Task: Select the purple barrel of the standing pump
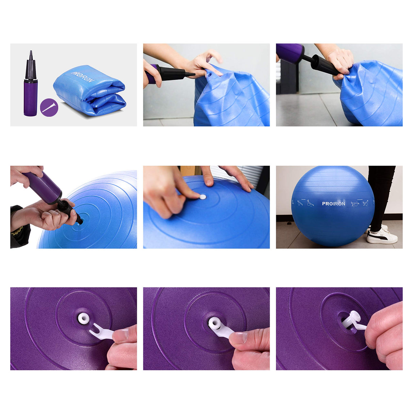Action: [x=30, y=99]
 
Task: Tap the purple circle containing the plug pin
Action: [x=49, y=108]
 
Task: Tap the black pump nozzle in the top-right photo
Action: [x=325, y=65]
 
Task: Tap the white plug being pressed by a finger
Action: [x=203, y=197]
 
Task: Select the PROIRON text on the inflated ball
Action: [x=333, y=203]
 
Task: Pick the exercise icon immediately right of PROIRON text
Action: [x=354, y=204]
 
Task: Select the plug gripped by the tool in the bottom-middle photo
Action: [x=215, y=323]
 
